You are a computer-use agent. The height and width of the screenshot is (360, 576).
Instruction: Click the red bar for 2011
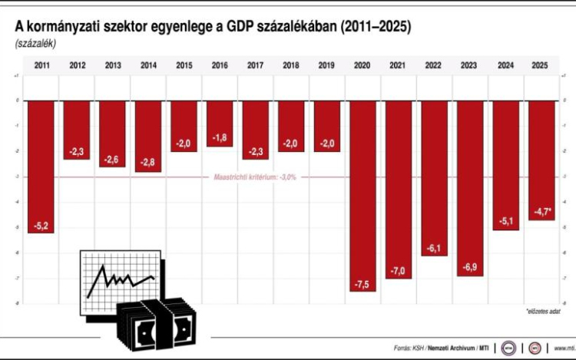[41, 166]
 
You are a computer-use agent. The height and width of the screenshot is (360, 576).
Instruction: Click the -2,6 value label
[112, 159]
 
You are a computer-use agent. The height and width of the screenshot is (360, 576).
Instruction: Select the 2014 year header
[148, 65]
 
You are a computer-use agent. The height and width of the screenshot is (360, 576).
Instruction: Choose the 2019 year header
[326, 65]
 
